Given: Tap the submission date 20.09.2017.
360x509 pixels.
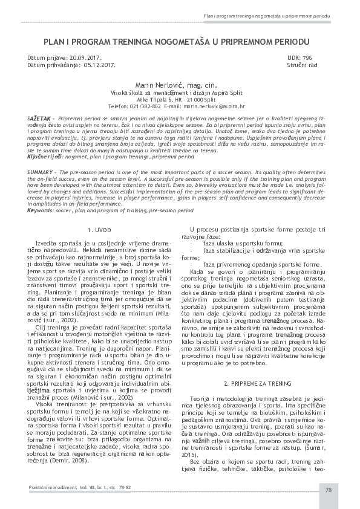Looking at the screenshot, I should click(90, 57).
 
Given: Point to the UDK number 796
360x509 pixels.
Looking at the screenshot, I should click(307, 57).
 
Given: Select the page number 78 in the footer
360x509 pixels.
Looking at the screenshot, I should click(328, 489).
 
